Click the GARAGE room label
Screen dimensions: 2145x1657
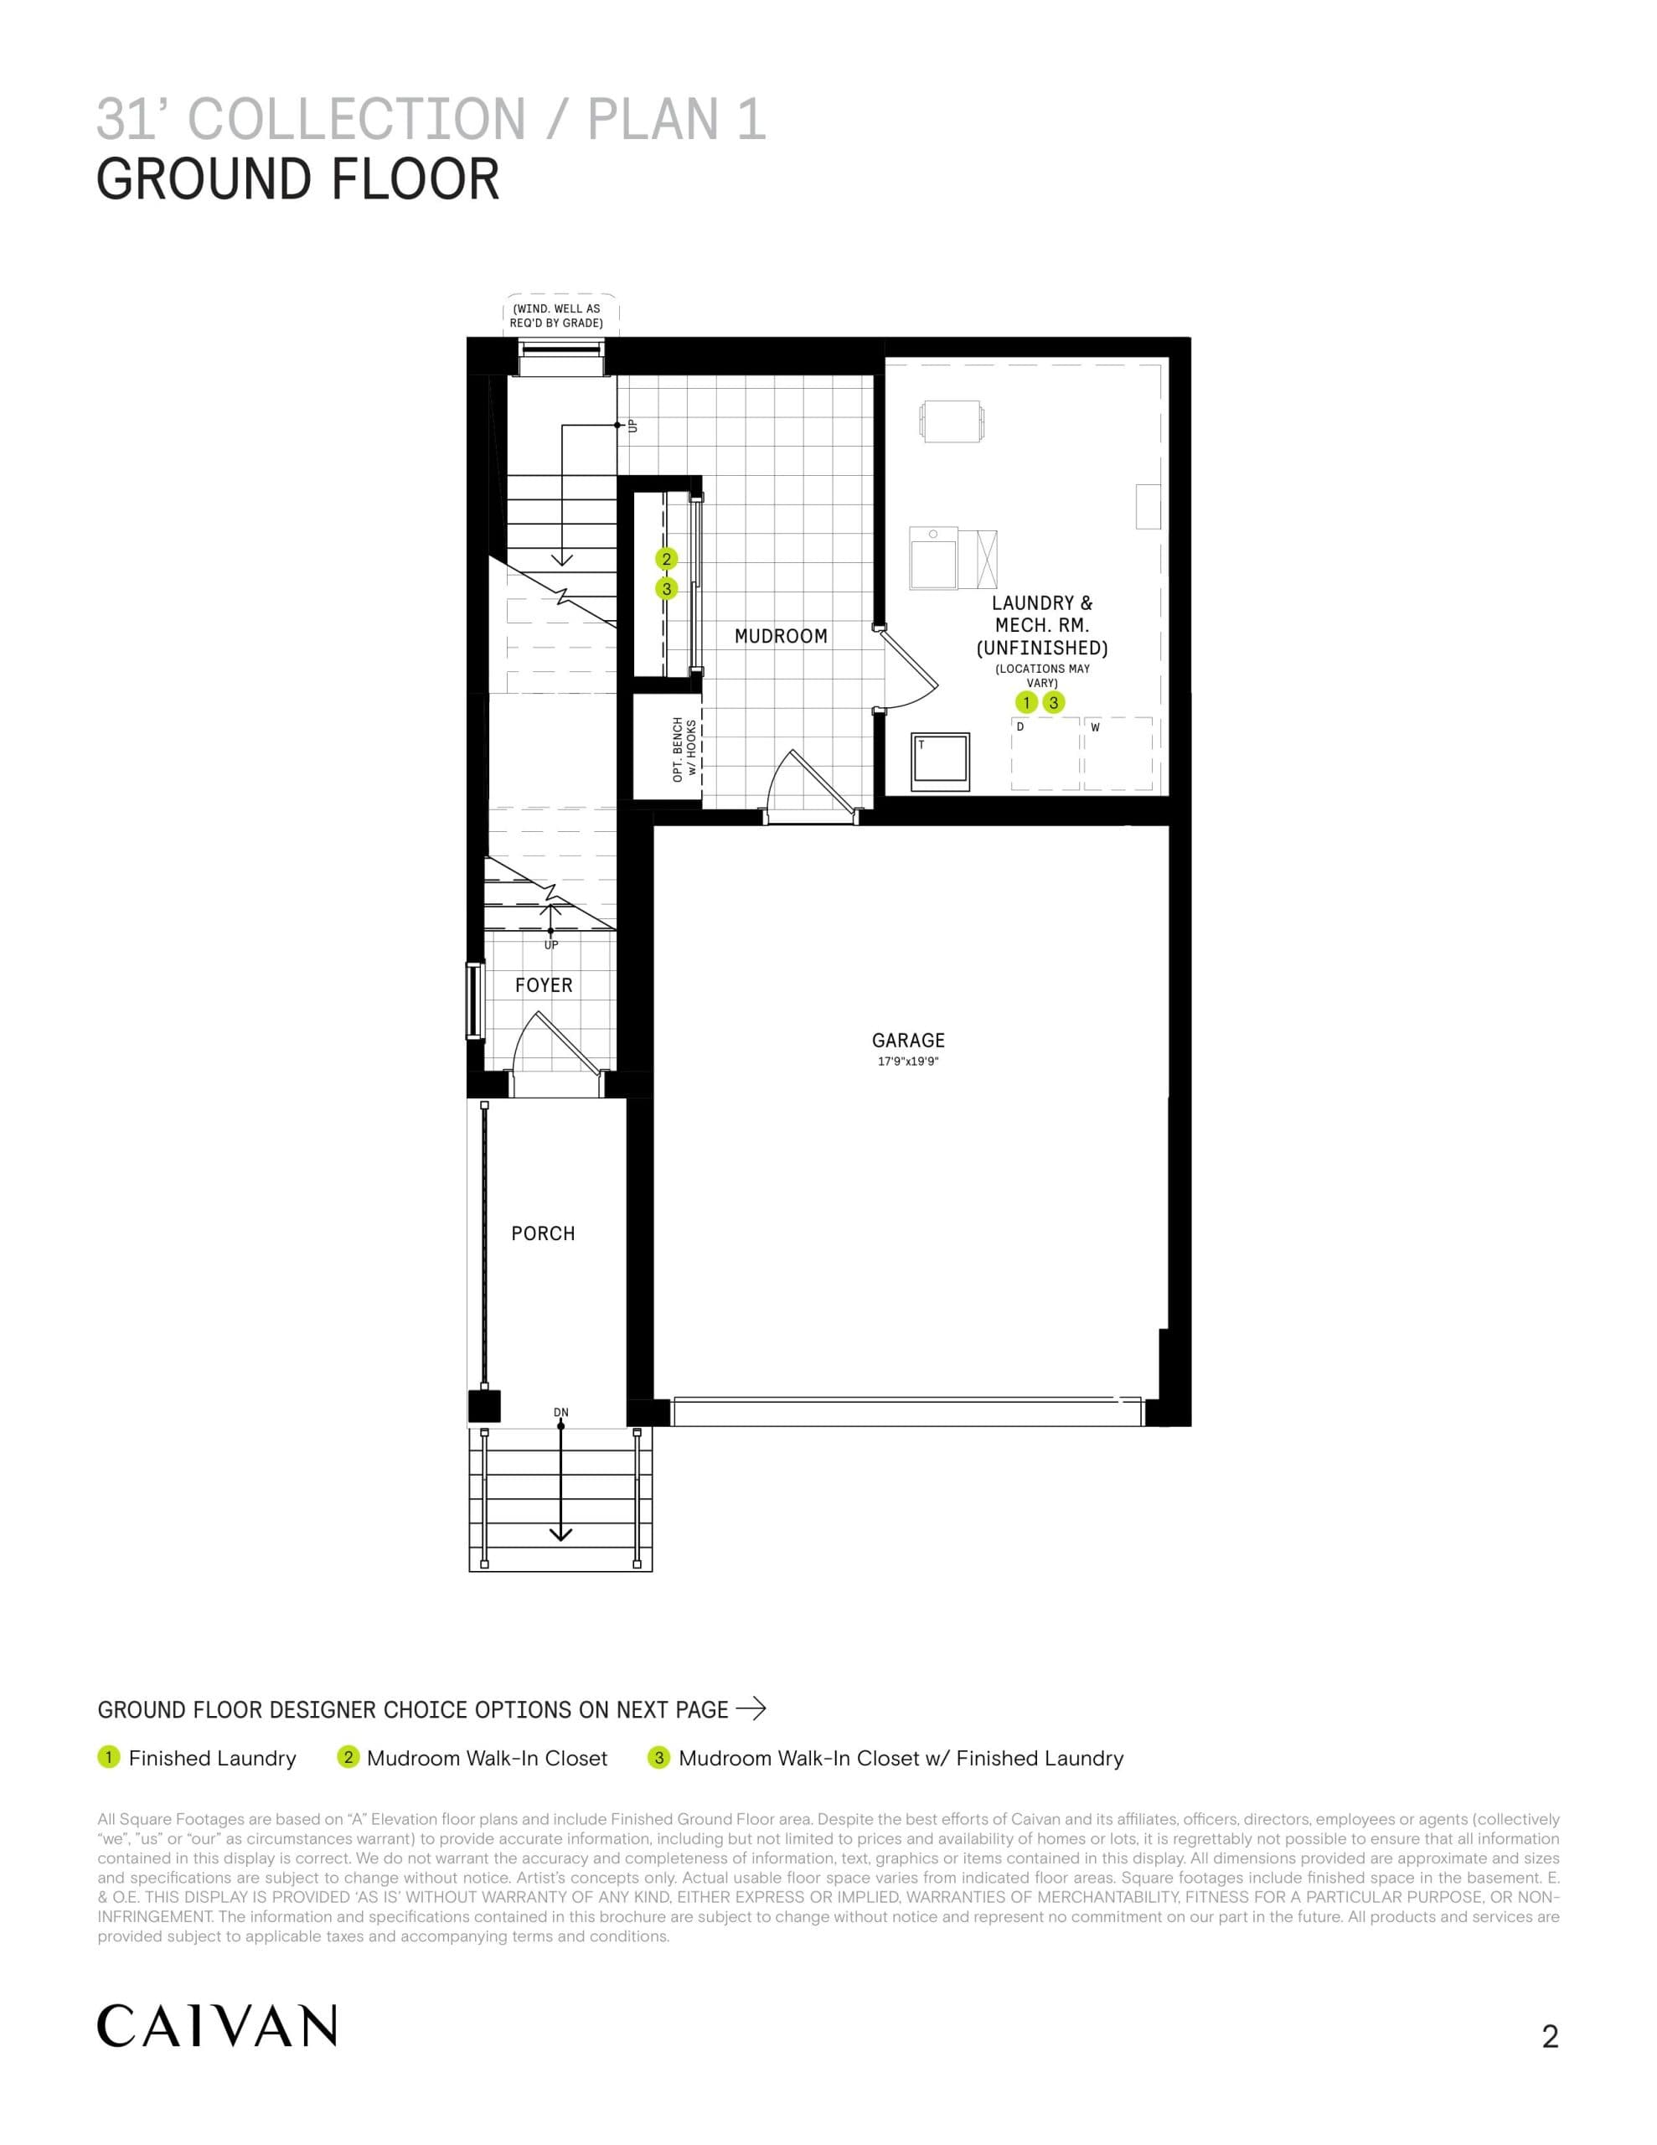click(x=907, y=1040)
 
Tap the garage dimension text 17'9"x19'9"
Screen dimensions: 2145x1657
click(x=907, y=1062)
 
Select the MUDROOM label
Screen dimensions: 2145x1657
click(x=781, y=637)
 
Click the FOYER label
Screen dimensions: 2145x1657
click(x=543, y=985)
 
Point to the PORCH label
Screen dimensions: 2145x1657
click(x=542, y=1233)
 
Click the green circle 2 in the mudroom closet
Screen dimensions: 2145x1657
click(x=666, y=559)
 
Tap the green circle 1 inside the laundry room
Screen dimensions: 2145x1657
click(x=1026, y=702)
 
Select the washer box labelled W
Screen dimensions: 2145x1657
click(x=1118, y=753)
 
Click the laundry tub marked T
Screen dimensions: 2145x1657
click(x=940, y=761)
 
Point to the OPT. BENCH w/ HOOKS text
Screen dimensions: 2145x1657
click(x=684, y=749)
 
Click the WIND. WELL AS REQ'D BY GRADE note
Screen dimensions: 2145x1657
click(x=556, y=315)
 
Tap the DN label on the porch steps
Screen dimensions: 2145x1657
click(x=560, y=1413)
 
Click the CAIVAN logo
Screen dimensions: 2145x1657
click(x=217, y=2026)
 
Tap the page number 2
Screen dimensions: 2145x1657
click(x=1550, y=2037)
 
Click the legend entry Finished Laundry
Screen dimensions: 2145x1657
click(x=212, y=1758)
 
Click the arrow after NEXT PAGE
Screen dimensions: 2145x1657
click(x=751, y=1710)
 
